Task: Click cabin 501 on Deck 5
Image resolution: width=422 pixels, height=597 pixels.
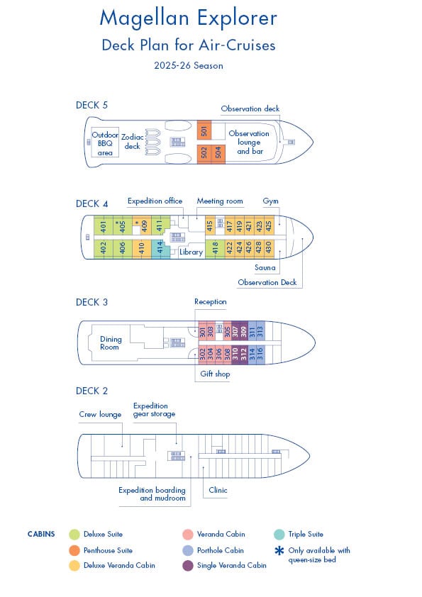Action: (x=204, y=130)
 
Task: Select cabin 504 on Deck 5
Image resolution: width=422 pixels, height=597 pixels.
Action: (x=218, y=154)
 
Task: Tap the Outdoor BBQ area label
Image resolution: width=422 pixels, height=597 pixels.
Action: (x=105, y=143)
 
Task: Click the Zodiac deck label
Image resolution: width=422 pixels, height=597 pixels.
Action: (x=132, y=141)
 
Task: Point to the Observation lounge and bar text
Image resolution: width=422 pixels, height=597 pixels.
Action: (x=249, y=143)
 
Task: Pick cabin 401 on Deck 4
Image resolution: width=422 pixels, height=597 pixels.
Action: (x=104, y=225)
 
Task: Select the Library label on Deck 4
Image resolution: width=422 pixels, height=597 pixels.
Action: (x=191, y=252)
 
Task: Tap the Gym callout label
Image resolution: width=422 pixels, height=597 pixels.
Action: (x=270, y=201)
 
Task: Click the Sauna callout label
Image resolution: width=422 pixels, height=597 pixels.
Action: (x=265, y=268)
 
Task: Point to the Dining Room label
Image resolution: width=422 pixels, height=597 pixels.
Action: (x=111, y=343)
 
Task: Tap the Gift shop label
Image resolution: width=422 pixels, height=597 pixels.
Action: (x=215, y=374)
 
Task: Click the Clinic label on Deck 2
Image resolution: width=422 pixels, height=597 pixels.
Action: (x=218, y=490)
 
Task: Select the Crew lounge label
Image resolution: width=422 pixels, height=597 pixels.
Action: (x=100, y=414)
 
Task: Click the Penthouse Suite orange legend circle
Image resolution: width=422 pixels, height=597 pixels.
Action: (x=74, y=550)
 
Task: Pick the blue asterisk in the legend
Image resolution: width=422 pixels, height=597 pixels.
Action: (x=279, y=550)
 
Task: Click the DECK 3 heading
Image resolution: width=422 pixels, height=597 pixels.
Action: (x=91, y=302)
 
